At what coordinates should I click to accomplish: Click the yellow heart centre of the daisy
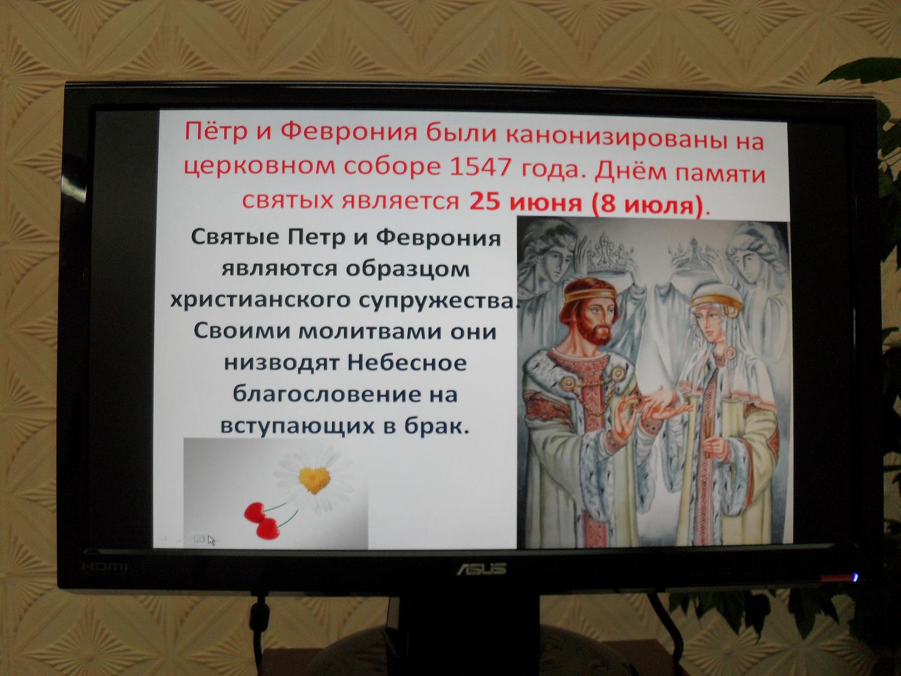(x=314, y=480)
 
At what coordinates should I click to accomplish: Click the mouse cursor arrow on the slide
(x=211, y=540)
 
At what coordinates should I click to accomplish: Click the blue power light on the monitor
(x=855, y=578)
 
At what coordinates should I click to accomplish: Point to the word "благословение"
(x=323, y=395)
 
